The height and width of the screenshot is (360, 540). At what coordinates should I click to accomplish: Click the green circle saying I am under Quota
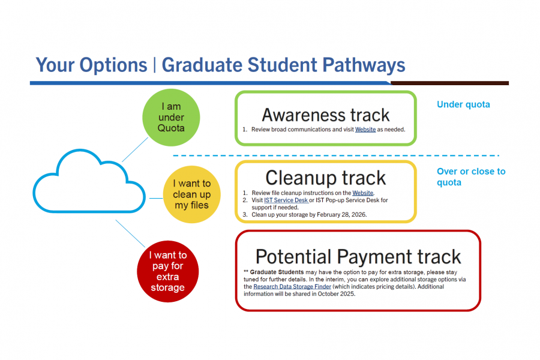[x=171, y=118]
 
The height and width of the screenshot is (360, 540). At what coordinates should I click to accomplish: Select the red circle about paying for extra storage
[x=167, y=271]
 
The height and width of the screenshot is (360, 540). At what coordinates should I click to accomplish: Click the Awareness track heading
[x=326, y=114]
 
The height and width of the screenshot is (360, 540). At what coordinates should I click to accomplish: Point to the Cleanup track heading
[x=326, y=178]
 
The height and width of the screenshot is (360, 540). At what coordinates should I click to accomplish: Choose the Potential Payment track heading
[x=358, y=256]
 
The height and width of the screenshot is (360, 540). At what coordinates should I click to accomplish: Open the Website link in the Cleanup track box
[x=362, y=193]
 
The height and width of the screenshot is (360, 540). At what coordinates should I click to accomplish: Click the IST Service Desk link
[x=286, y=200]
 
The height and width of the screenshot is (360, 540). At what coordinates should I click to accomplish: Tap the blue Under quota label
[x=463, y=104]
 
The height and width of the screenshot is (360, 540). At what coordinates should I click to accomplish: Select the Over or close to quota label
[x=470, y=176]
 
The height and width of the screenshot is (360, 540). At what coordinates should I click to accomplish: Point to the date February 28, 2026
[x=337, y=214]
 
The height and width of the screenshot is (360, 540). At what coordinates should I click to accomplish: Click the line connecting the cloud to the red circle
[x=129, y=233]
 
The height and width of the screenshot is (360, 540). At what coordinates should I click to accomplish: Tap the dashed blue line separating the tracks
[x=336, y=156]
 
